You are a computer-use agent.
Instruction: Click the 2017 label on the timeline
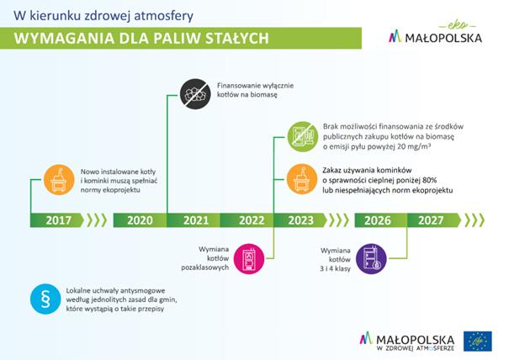(x=58, y=220)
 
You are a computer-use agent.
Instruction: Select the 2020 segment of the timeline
(x=140, y=220)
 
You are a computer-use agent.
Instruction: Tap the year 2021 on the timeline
(x=196, y=220)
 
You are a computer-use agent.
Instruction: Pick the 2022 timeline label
(x=252, y=220)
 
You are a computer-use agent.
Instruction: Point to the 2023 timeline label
(x=301, y=220)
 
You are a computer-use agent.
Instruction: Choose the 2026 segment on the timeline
(x=378, y=220)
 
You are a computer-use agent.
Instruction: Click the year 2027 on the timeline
(x=431, y=220)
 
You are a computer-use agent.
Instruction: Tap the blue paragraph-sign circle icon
(x=45, y=299)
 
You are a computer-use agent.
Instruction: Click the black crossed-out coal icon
(x=195, y=94)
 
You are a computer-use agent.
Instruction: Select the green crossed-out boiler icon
(x=303, y=136)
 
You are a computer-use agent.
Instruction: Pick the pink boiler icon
(x=249, y=259)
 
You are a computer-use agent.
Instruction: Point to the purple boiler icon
(x=371, y=259)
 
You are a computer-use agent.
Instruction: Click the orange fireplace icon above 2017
(x=59, y=179)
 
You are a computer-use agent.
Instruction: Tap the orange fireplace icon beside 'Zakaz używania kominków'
(x=302, y=179)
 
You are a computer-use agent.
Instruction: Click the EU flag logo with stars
(x=478, y=341)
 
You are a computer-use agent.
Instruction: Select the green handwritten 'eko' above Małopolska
(x=458, y=25)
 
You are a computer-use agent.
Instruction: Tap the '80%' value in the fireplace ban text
(x=430, y=180)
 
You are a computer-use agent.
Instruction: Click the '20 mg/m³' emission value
(x=414, y=146)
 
